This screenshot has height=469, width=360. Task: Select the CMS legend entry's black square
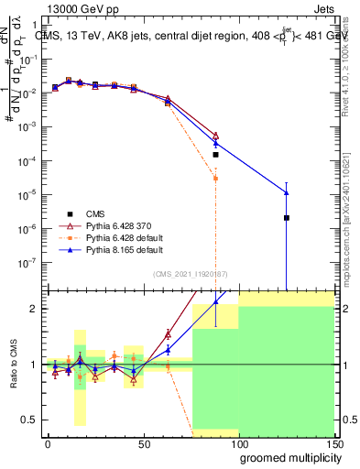pyautogui.click(x=70, y=212)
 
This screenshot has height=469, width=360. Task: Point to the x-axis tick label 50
pyautogui.click(x=143, y=442)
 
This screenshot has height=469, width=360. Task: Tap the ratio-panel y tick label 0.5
pyautogui.click(x=28, y=420)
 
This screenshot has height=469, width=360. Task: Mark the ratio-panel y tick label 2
pyautogui.click(x=33, y=309)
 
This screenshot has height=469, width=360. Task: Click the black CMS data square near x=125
pyautogui.click(x=287, y=217)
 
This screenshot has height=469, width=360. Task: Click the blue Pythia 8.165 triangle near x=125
pyautogui.click(x=287, y=192)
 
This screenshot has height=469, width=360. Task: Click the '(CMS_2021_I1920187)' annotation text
pyautogui.click(x=191, y=273)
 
